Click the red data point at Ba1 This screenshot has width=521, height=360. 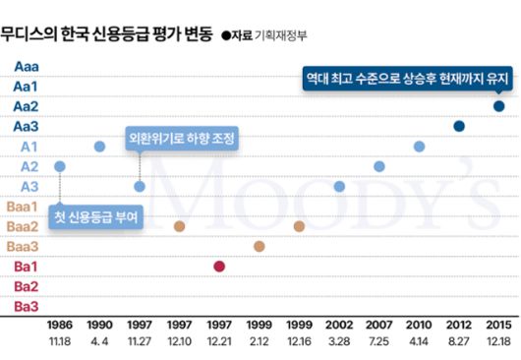[219, 267]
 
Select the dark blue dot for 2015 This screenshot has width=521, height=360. [498, 106]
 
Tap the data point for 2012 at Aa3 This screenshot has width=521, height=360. [459, 126]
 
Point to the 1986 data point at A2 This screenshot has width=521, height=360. [60, 166]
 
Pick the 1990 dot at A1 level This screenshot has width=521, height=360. [99, 147]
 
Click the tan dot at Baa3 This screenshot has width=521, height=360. [260, 246]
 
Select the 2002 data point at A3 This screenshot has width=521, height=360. [339, 186]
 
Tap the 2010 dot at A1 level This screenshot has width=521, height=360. [419, 147]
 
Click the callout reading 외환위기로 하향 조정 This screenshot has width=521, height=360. [182, 140]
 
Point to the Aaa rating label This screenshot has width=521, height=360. [27, 66]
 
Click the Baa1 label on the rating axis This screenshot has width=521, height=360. [24, 207]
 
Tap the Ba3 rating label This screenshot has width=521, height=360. [27, 307]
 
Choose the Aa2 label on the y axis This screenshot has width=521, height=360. [27, 106]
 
